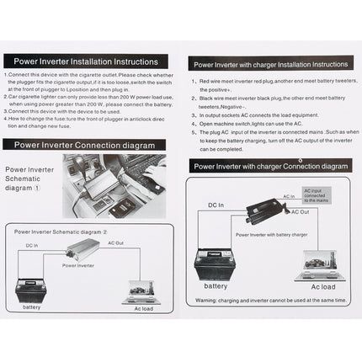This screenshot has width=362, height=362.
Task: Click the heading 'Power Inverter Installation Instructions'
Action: [x=80, y=61]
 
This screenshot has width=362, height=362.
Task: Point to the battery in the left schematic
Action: [x=31, y=291]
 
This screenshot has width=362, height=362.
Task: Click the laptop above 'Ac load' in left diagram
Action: [x=141, y=291]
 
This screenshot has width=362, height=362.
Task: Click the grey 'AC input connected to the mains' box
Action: [x=319, y=195]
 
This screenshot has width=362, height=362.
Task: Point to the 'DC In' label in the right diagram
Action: [x=216, y=205]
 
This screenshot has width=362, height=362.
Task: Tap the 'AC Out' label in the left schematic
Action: [x=116, y=242]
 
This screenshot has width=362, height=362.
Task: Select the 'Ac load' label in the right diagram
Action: [x=323, y=286]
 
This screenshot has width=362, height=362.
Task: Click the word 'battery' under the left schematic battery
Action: [x=31, y=307]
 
